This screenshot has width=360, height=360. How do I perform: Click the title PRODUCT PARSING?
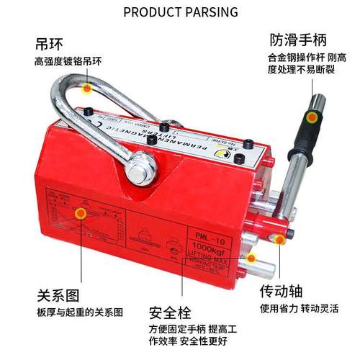tap(180, 12)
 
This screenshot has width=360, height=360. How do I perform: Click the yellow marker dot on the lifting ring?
tap(87, 89)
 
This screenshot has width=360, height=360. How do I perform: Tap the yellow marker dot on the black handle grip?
tap(311, 117)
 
